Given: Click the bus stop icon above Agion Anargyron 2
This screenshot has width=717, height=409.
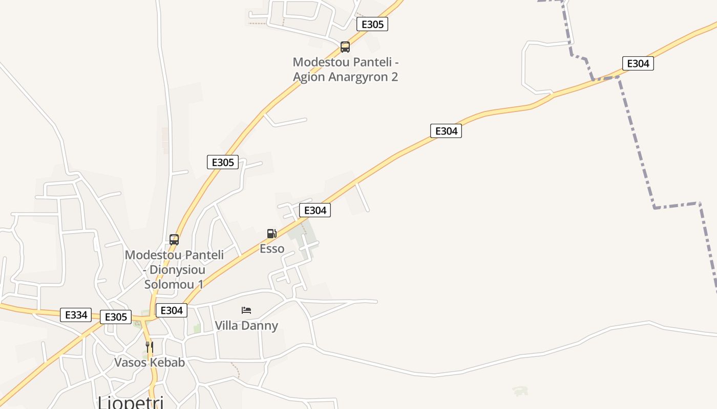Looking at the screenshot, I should (x=345, y=47).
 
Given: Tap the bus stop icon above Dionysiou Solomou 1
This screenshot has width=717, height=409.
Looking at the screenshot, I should (x=174, y=240).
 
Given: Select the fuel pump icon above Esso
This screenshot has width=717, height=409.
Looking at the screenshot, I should (x=272, y=234).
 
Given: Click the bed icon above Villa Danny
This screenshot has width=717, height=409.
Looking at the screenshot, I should (x=246, y=310).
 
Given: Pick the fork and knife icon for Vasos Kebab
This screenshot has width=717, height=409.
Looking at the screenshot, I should (x=150, y=347).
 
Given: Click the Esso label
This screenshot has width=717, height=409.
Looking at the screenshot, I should (x=272, y=248).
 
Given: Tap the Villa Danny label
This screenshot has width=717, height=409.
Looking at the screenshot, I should (x=246, y=326).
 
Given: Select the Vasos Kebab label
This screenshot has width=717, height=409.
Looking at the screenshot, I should (x=150, y=362).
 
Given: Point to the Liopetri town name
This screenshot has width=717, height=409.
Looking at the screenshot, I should (x=131, y=402).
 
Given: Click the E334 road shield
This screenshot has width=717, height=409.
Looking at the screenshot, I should (x=76, y=315).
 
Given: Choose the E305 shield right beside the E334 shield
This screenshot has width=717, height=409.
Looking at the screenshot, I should (x=116, y=317).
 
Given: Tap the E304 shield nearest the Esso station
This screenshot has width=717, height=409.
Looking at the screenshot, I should (x=315, y=210).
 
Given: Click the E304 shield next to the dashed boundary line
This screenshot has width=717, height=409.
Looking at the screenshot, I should (x=638, y=63).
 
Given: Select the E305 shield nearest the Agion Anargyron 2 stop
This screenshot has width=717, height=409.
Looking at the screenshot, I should (x=372, y=24).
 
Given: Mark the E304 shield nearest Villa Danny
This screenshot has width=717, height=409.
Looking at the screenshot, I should (x=172, y=310).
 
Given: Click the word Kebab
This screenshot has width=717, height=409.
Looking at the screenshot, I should (x=167, y=362).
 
